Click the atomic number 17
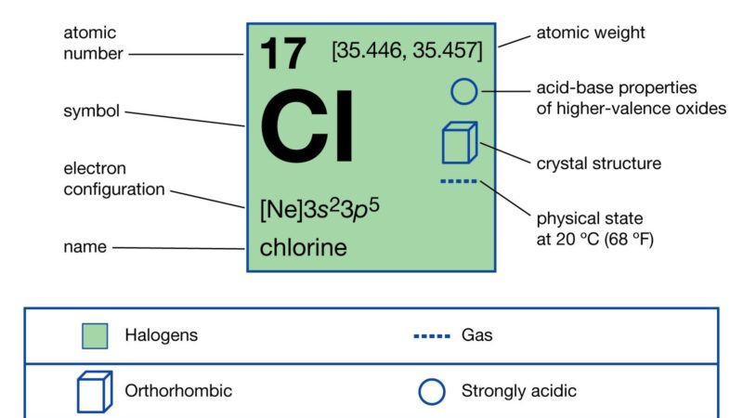click(283, 54)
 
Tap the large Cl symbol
click(306, 126)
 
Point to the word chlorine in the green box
click(304, 247)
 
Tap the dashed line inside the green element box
click(459, 181)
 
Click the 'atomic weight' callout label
click(591, 33)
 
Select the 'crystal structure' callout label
click(598, 163)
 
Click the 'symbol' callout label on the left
click(91, 111)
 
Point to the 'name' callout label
click(85, 246)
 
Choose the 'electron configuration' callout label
click(113, 178)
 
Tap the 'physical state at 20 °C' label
click(594, 229)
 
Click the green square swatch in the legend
click(95, 336)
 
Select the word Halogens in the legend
click(161, 335)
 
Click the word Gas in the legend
click(476, 335)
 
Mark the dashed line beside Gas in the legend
click(432, 336)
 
